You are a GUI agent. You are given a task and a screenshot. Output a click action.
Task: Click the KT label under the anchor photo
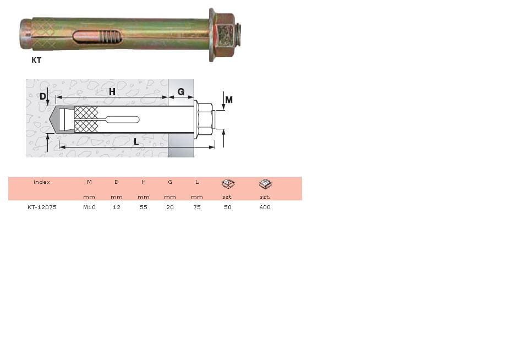coord(36,60)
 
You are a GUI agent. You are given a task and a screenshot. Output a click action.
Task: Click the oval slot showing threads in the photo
coord(97,36)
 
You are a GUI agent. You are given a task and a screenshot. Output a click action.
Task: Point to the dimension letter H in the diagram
coord(112,91)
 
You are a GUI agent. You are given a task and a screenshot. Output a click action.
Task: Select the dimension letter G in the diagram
coord(181,92)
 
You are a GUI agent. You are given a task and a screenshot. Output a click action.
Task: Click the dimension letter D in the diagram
coord(43,96)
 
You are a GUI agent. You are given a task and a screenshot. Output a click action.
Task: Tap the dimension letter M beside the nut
coord(229,100)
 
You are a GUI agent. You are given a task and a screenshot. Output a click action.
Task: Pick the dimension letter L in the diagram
coord(136,142)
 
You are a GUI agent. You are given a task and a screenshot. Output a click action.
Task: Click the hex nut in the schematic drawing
coord(205,119)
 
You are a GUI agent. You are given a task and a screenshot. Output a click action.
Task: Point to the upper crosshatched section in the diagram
coord(86,112)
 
